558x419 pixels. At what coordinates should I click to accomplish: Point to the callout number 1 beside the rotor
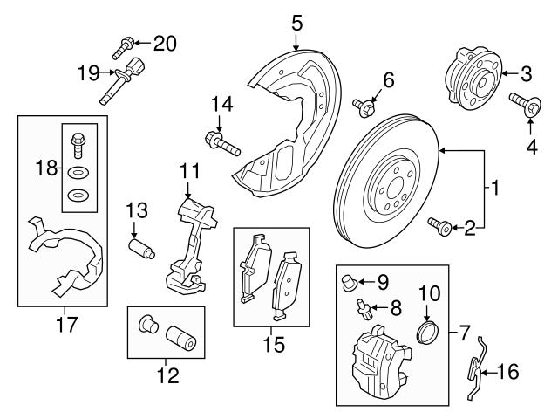tap(494, 187)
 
